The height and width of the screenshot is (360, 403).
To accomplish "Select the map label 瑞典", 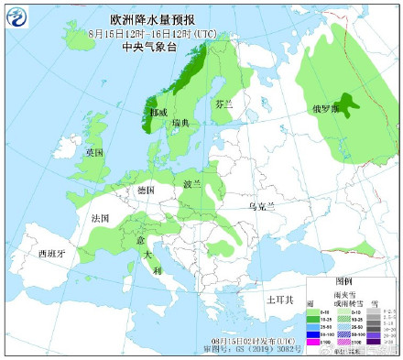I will (181, 122).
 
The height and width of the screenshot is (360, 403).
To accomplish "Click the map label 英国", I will (95, 152).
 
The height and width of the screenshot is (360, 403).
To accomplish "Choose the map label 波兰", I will (192, 183).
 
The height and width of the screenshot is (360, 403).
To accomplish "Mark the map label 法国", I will (100, 220).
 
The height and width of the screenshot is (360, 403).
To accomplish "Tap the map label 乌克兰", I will (261, 208).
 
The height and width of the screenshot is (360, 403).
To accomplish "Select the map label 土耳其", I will (278, 300).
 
